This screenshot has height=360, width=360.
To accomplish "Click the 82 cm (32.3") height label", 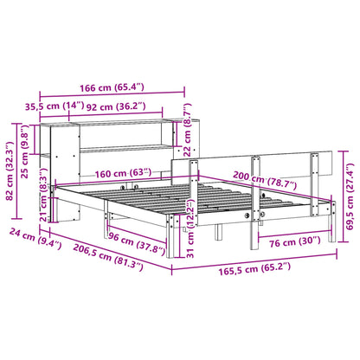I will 10,157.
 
